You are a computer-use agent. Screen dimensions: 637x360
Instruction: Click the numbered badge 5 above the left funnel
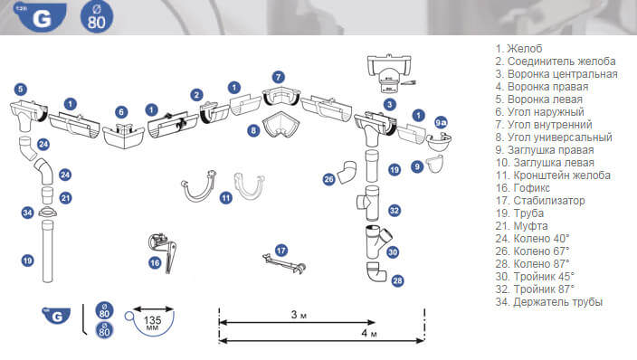tap(20, 90)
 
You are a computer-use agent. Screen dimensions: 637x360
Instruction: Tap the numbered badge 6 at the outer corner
tap(121, 112)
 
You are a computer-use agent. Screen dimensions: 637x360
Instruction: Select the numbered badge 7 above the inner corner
tap(279, 77)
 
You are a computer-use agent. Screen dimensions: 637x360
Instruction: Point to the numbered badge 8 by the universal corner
tap(254, 130)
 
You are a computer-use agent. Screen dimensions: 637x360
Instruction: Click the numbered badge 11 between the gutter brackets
tap(226, 198)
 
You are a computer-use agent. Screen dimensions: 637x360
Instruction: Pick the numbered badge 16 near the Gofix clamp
tap(155, 263)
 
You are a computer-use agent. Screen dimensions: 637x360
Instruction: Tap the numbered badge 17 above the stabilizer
tap(281, 251)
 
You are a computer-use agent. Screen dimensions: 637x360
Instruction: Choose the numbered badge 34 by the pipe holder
tap(27, 213)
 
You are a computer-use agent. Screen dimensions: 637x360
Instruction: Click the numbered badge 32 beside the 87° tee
tap(395, 211)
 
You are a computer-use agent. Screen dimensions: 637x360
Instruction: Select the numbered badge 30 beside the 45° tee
tap(393, 252)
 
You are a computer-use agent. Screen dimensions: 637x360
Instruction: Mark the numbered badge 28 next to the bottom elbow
tap(397, 280)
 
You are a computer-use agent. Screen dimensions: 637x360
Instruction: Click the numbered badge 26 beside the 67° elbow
tap(329, 179)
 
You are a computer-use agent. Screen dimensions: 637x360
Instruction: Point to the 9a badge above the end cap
tap(441, 122)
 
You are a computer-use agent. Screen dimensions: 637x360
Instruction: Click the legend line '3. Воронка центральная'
tap(556, 74)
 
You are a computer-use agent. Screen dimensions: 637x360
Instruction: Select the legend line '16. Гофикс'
tap(522, 188)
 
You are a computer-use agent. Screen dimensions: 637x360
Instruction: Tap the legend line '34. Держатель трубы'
tap(549, 302)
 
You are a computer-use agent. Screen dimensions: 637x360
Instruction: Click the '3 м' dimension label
tap(299, 315)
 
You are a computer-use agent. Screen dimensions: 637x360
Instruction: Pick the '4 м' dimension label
tap(369, 333)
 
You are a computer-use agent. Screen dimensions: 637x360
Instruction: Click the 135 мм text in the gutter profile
tap(152, 322)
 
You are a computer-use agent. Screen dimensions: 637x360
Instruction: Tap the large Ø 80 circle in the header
tap(97, 16)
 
